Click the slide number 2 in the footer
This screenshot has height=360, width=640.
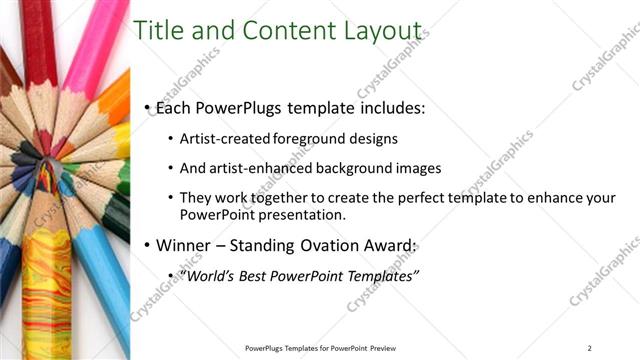tap(590, 347)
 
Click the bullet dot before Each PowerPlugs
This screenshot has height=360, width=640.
tap(148, 107)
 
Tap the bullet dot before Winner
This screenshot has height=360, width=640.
tap(148, 245)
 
